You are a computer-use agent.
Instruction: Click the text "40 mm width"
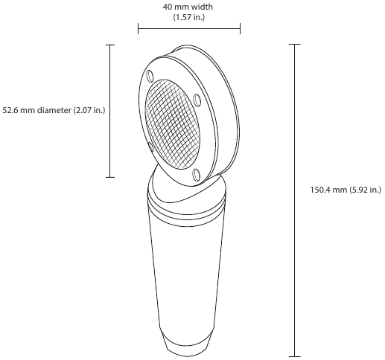188,6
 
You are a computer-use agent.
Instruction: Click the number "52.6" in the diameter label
10,110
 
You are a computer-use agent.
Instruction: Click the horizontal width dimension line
188,29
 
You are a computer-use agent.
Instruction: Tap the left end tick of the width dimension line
138,29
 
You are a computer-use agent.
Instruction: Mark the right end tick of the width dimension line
240,29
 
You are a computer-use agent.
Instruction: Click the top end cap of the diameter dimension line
110,45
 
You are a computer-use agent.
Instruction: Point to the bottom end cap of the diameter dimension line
110,177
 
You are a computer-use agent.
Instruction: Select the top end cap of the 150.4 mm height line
295,45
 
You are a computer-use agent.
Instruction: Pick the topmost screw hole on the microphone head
150,75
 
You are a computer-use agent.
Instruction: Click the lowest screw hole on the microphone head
196,175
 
